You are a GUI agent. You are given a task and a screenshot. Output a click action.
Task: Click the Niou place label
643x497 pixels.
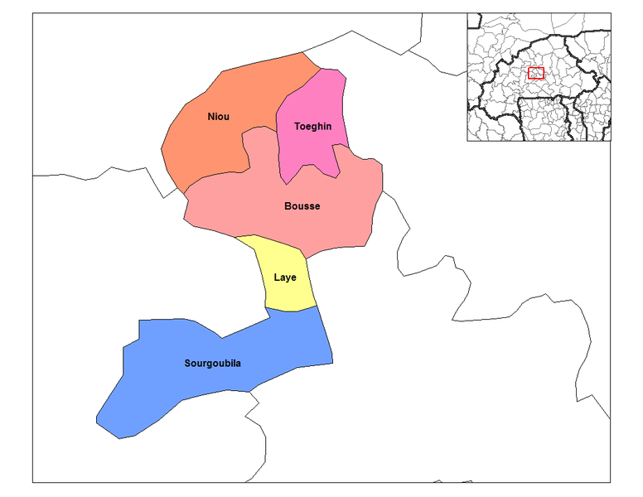pyautogui.click(x=219, y=117)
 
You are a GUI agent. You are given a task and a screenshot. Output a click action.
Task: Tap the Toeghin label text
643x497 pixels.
pyautogui.click(x=313, y=126)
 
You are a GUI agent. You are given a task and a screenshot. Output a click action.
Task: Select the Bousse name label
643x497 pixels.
pyautogui.click(x=302, y=205)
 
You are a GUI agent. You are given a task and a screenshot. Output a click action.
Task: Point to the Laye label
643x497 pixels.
pyautogui.click(x=285, y=277)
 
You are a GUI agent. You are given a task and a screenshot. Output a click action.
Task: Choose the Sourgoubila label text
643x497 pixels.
pyautogui.click(x=213, y=363)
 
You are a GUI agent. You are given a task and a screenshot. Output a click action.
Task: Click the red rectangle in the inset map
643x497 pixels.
pyautogui.click(x=536, y=74)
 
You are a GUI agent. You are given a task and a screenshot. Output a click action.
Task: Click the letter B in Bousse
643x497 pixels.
pyautogui.click(x=288, y=205)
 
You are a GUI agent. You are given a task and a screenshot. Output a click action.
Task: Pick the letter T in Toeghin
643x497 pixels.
pyautogui.click(x=297, y=126)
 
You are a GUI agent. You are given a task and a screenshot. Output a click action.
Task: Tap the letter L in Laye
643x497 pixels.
pyautogui.click(x=277, y=277)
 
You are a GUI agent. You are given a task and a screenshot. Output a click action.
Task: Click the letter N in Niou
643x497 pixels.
pyautogui.click(x=211, y=117)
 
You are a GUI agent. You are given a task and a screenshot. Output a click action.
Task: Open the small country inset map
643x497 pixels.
pyautogui.click(x=539, y=76)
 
